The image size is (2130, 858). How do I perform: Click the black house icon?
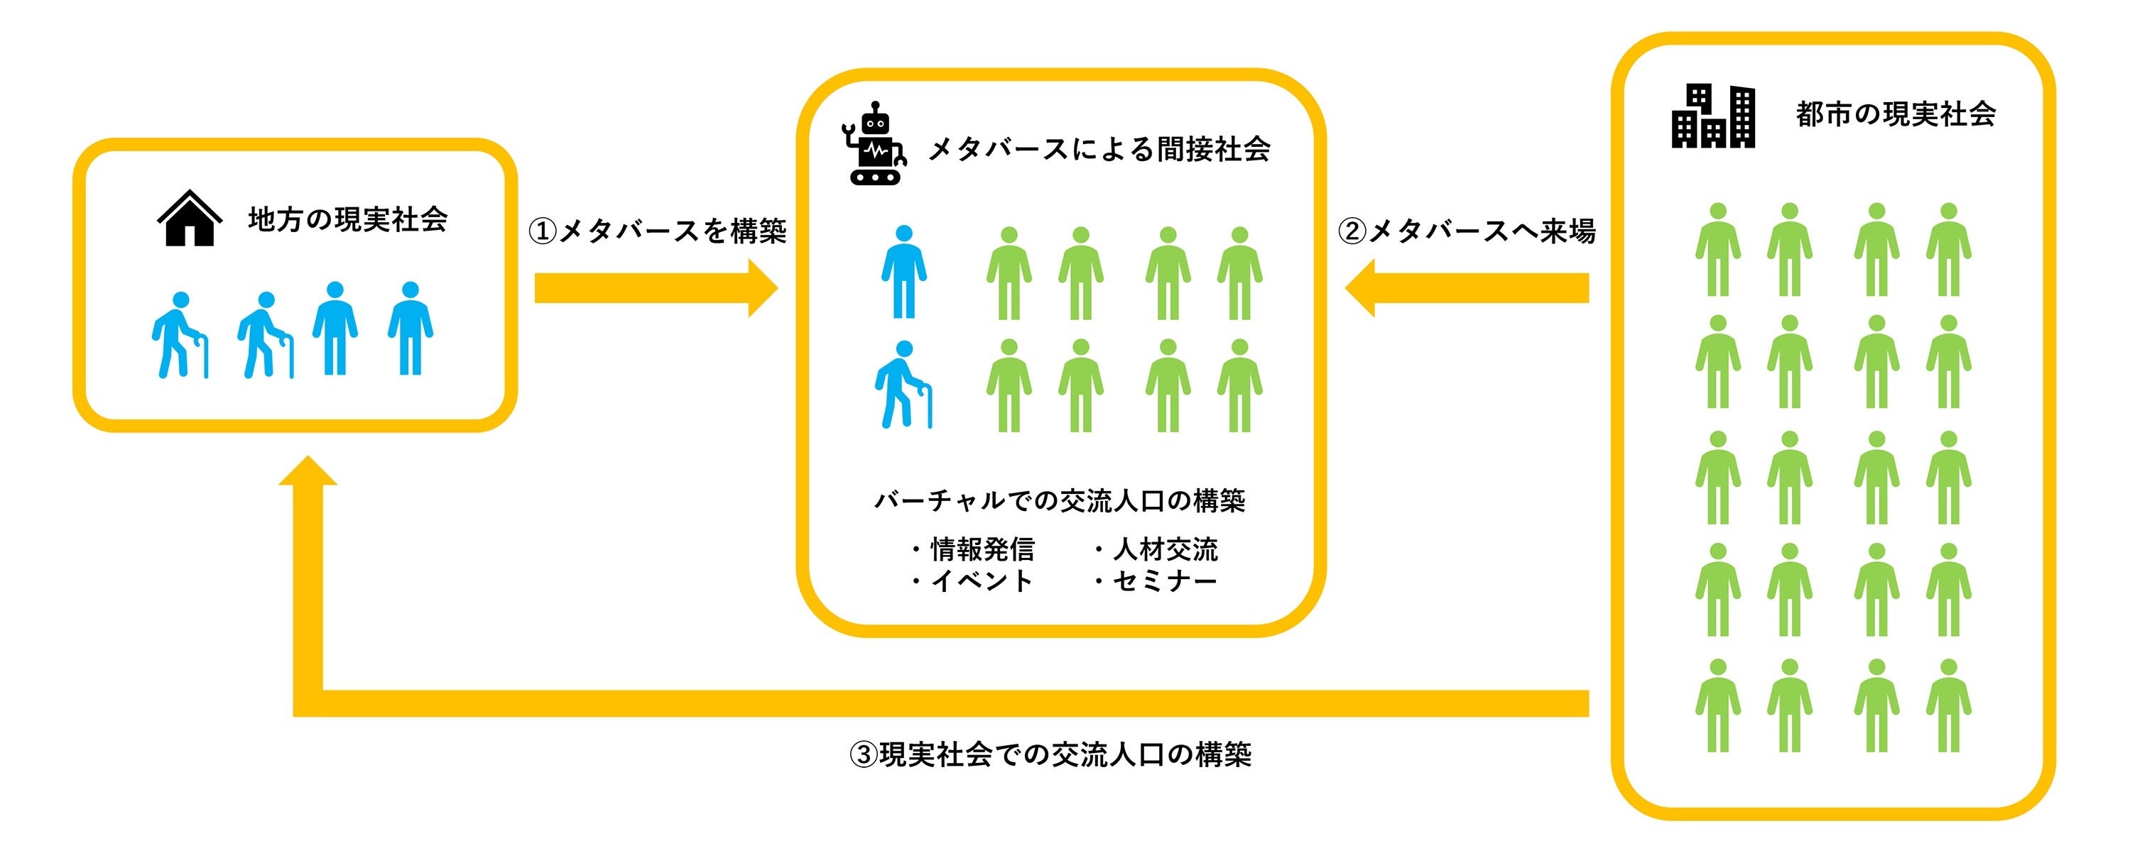point(190,219)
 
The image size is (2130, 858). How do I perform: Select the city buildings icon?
point(1712,116)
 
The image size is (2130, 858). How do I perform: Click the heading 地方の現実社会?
point(347,220)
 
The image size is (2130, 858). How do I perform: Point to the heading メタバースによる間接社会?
point(1099,150)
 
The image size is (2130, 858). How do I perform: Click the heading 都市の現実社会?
point(1895,114)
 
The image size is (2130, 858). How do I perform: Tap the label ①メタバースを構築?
point(658,231)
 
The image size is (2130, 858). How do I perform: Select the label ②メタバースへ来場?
point(1466,231)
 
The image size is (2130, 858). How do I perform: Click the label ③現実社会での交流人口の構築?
point(1050,754)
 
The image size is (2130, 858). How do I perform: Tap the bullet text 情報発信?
point(982,549)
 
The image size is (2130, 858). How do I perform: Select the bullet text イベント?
point(982,581)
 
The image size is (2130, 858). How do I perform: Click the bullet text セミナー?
point(1164,581)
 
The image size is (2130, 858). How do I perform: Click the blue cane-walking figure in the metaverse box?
point(902,385)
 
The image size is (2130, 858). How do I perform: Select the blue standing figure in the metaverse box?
point(903,272)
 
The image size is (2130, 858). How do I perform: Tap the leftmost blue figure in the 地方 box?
point(180,336)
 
